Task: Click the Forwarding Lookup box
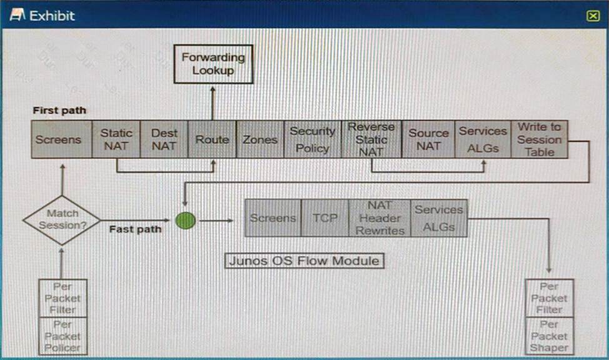[x=213, y=64]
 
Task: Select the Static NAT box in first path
[x=116, y=139]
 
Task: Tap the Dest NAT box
[x=164, y=139]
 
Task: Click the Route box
[x=212, y=139]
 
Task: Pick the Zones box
[x=259, y=139]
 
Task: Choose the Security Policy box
[x=312, y=139]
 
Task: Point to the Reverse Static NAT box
[x=371, y=139]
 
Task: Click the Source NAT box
[x=428, y=139]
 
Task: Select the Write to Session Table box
[x=539, y=139]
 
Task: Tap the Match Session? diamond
[x=62, y=220]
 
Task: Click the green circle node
[x=185, y=220]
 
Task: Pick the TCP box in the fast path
[x=325, y=218]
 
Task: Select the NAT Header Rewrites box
[x=380, y=218]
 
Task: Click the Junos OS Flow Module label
[x=304, y=261]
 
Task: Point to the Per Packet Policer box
[x=63, y=336]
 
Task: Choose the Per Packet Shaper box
[x=549, y=336]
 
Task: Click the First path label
[x=59, y=111]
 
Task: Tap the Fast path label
[x=135, y=229]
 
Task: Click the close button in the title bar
[x=593, y=16]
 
